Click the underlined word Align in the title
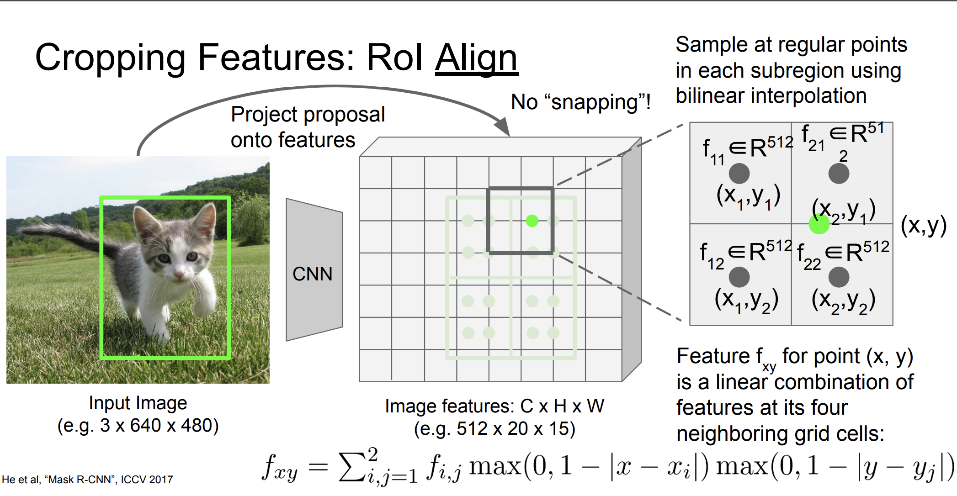(476, 58)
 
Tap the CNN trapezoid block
(314, 269)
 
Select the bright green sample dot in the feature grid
(532, 221)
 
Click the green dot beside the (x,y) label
(819, 224)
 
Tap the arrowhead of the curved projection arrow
(503, 127)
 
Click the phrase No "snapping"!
(580, 102)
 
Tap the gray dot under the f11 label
(739, 174)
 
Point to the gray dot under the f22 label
(839, 277)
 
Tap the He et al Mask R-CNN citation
(87, 480)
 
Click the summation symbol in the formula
(352, 466)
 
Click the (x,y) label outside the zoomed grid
(923, 226)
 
